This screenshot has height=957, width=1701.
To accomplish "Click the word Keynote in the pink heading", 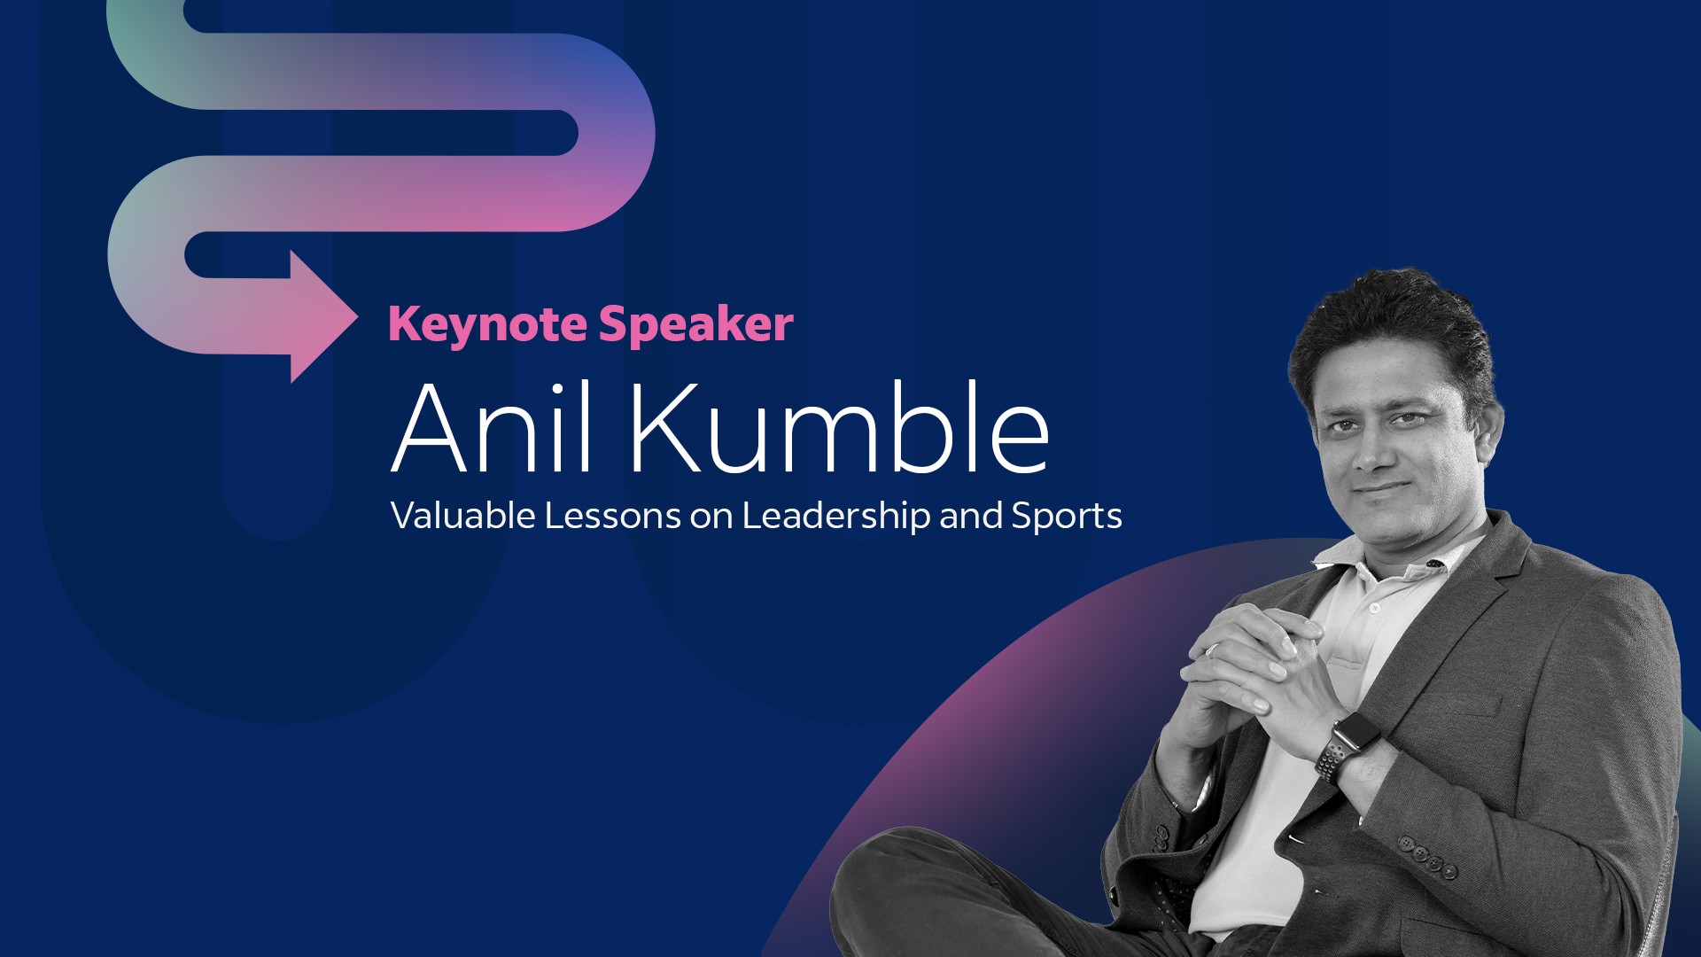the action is (x=487, y=325).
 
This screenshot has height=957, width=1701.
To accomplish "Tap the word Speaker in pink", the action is (x=696, y=325).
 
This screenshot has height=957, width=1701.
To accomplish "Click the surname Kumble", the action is (x=839, y=428).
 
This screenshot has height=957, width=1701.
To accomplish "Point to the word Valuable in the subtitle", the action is (x=462, y=516).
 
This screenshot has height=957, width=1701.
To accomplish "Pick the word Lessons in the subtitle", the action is (x=612, y=516).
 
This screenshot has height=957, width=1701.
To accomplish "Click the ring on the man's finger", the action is (x=1211, y=650).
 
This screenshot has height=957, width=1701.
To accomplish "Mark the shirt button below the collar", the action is (x=1374, y=609).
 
